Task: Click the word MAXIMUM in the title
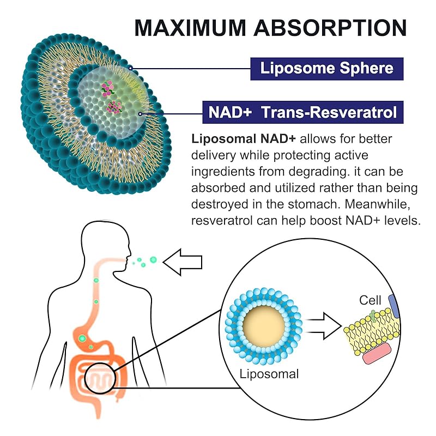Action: coord(190,28)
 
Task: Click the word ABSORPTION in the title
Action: coord(330,28)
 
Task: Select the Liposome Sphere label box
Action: coord(326,69)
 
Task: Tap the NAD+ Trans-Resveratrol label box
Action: coord(303,112)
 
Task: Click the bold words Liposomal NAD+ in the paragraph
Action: coord(244,139)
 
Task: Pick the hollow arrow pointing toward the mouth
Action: coord(183,262)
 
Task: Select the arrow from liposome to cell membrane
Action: coord(323,326)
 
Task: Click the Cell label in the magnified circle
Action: coord(370,300)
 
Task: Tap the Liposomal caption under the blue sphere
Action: coord(269,374)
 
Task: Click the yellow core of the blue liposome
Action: coord(264,326)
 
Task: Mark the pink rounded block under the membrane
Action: coord(377,353)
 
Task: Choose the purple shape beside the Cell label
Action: coord(394,306)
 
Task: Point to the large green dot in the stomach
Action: coord(82,338)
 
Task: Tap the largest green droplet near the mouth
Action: coord(153,260)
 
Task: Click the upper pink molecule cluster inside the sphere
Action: coord(107,88)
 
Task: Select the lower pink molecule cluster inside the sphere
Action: coord(114,107)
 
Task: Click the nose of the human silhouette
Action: coord(130,255)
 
